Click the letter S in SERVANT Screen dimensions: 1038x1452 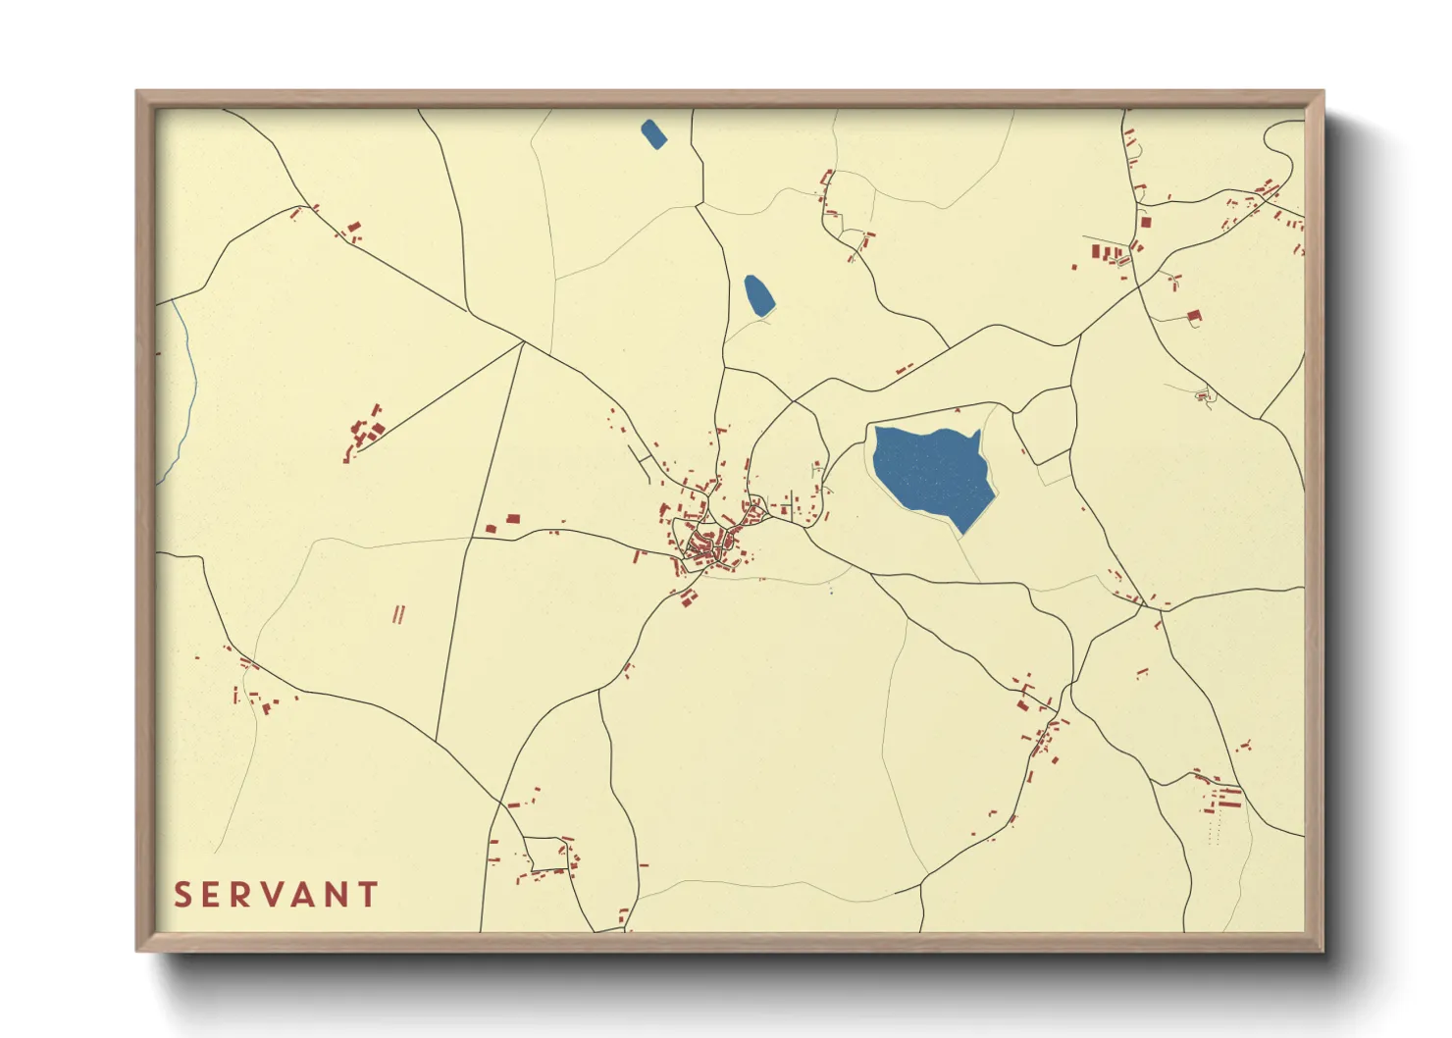click(x=183, y=895)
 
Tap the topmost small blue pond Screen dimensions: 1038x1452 click(x=653, y=133)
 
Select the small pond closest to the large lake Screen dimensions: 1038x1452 click(x=758, y=294)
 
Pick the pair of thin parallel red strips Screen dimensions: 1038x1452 click(x=398, y=614)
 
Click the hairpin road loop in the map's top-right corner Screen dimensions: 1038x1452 click(x=1280, y=147)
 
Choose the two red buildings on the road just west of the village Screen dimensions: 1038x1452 click(x=502, y=523)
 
